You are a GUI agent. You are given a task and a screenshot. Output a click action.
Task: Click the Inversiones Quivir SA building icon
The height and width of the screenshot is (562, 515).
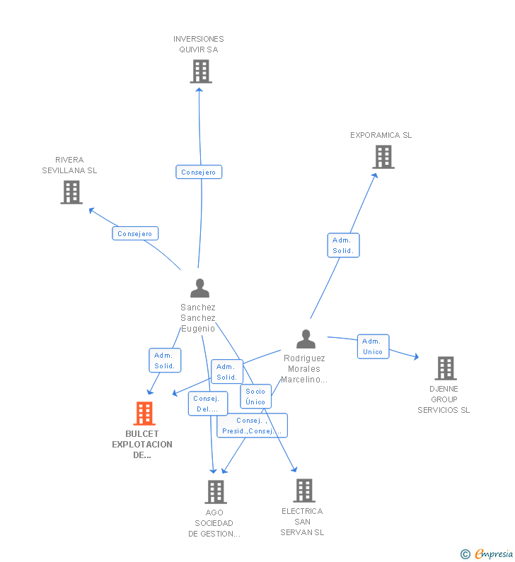(x=201, y=71)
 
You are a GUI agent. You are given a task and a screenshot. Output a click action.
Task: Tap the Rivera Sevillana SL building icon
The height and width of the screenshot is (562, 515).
(x=71, y=192)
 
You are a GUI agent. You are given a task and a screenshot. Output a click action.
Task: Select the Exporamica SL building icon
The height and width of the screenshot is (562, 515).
(x=383, y=157)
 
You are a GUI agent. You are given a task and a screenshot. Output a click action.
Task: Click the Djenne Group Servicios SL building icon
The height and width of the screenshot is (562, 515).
(x=445, y=368)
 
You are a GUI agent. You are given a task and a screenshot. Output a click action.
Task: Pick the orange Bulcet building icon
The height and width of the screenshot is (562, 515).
(x=144, y=414)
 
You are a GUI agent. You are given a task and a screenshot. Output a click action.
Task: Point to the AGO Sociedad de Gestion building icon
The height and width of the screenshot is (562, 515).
(x=215, y=491)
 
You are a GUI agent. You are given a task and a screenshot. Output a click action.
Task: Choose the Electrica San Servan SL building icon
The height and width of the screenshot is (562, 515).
(x=303, y=490)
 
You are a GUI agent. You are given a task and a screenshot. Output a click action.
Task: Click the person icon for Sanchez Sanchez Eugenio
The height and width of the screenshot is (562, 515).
(x=199, y=288)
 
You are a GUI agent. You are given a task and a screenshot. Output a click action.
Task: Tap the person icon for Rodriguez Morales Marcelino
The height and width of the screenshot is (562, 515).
(x=306, y=339)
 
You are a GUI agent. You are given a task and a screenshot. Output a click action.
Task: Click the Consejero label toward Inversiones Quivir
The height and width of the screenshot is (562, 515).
(x=199, y=172)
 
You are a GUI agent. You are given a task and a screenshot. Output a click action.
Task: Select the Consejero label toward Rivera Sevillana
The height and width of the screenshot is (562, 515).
(x=135, y=233)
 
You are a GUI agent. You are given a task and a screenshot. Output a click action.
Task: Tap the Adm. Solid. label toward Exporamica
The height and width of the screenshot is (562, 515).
(x=343, y=245)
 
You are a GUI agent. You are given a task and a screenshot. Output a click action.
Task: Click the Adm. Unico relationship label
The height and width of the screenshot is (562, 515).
(x=373, y=346)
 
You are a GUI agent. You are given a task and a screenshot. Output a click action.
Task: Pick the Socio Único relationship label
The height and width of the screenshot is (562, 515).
(x=255, y=397)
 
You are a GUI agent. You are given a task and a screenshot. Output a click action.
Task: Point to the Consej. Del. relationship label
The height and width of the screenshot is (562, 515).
(x=207, y=404)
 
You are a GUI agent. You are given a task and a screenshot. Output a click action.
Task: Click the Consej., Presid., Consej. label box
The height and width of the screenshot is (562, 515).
(x=252, y=426)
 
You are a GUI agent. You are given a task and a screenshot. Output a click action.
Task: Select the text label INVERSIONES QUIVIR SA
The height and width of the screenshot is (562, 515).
(x=199, y=44)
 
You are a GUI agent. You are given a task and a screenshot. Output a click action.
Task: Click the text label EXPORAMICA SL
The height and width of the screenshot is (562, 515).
(x=381, y=135)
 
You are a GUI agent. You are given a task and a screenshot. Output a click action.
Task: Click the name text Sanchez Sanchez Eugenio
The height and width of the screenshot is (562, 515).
(x=198, y=318)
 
